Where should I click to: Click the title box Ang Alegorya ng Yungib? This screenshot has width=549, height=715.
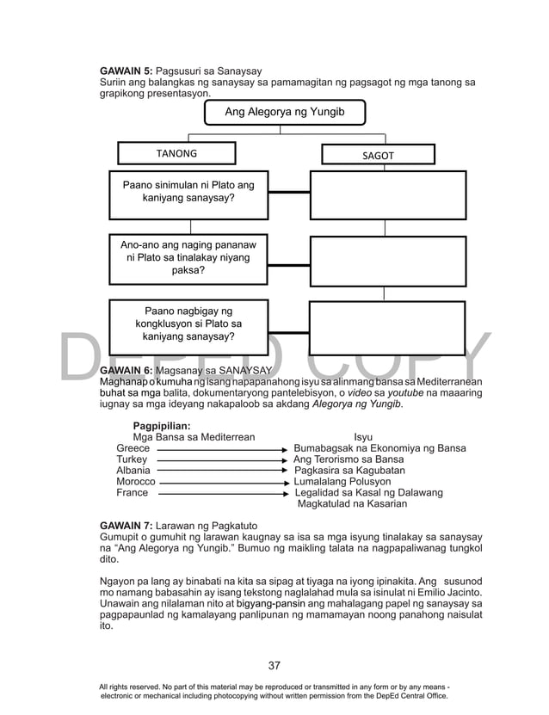(284, 112)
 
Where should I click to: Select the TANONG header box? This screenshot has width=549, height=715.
(176, 153)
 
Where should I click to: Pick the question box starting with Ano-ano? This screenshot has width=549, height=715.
(188, 258)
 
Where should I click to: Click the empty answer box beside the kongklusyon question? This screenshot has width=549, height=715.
(387, 327)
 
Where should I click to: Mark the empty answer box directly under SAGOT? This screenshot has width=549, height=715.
(387, 194)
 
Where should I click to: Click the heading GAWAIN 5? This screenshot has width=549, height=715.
(126, 70)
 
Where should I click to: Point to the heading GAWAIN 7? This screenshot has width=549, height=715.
(126, 525)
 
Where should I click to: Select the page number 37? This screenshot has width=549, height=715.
(274, 665)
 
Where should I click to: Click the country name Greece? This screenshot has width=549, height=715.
(133, 448)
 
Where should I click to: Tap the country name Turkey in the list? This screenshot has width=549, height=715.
(132, 459)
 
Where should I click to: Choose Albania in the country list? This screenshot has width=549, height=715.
(133, 471)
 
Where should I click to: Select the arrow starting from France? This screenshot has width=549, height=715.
(224, 494)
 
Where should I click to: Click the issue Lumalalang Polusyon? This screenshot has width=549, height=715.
(342, 482)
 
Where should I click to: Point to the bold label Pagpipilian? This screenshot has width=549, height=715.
(162, 425)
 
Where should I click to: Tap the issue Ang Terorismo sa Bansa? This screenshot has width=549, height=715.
(349, 459)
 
